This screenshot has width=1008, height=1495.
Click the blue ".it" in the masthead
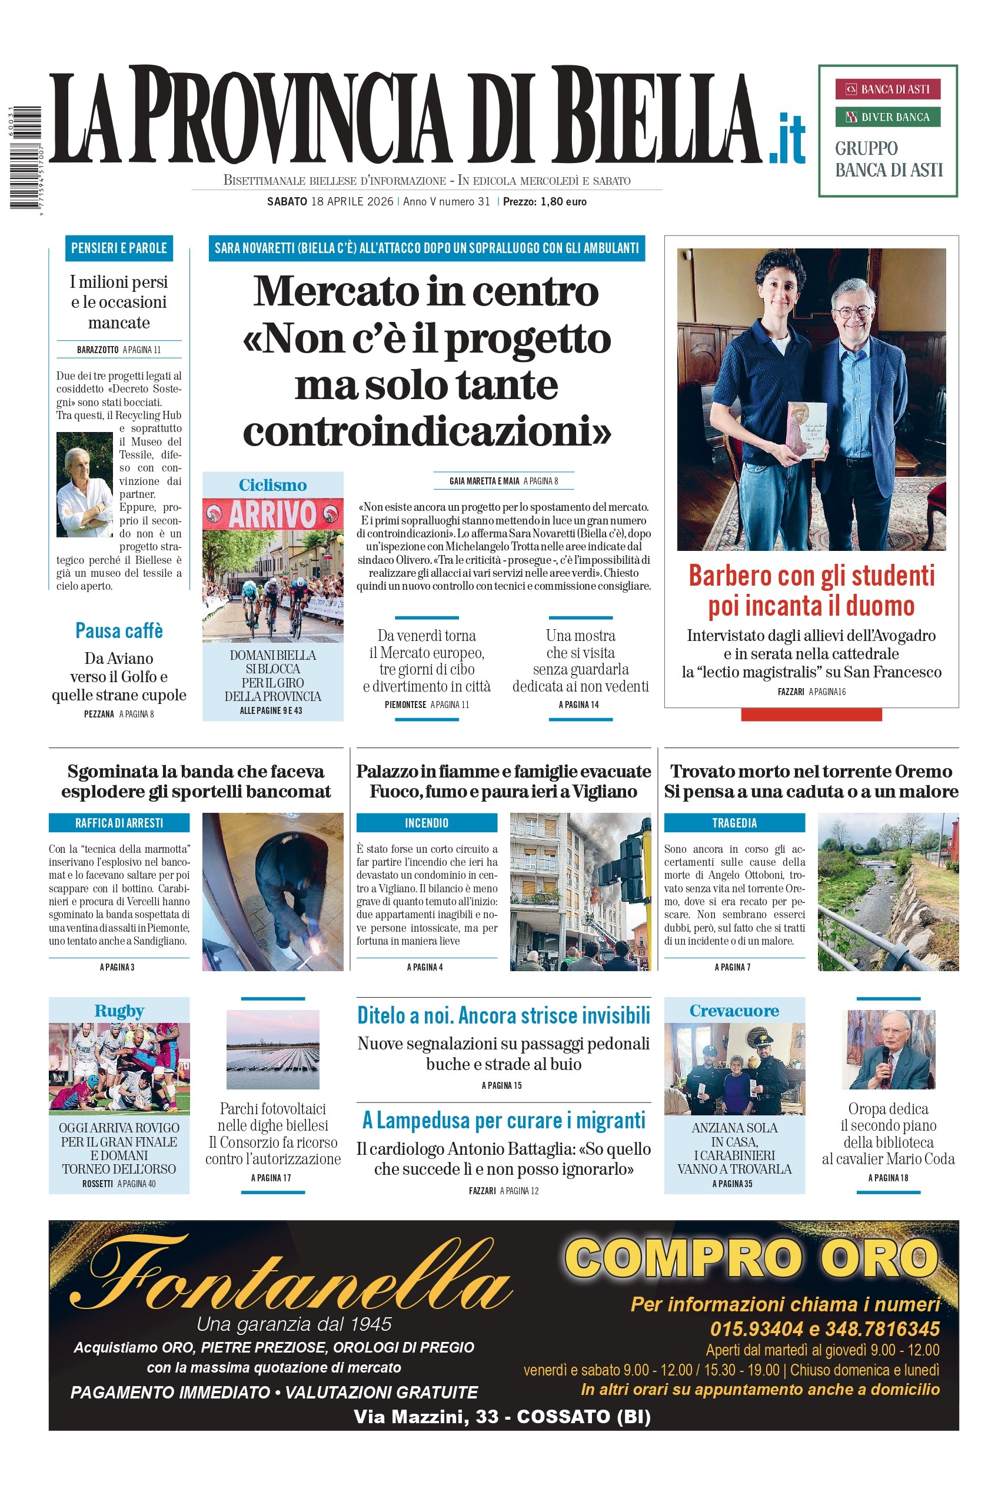click(787, 138)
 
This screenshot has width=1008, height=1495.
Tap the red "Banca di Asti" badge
click(887, 89)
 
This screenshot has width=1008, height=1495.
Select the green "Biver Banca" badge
click(887, 117)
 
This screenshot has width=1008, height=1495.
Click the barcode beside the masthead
click(25, 158)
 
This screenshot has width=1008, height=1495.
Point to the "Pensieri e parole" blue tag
click(119, 248)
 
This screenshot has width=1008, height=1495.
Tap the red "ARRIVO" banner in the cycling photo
click(272, 514)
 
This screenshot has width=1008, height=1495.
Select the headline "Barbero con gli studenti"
click(811, 576)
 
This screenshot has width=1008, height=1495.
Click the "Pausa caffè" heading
click(119, 631)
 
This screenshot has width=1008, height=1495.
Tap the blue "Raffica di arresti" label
click(119, 823)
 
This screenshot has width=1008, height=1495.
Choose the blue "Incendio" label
click(426, 823)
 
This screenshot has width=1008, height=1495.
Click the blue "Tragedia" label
click(734, 823)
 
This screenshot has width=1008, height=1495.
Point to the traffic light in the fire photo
click(623, 865)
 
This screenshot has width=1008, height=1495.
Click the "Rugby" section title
click(119, 1011)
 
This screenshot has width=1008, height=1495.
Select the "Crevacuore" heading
click(734, 1011)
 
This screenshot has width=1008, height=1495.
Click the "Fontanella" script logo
click(290, 1277)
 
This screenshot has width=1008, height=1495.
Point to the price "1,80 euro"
click(563, 202)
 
